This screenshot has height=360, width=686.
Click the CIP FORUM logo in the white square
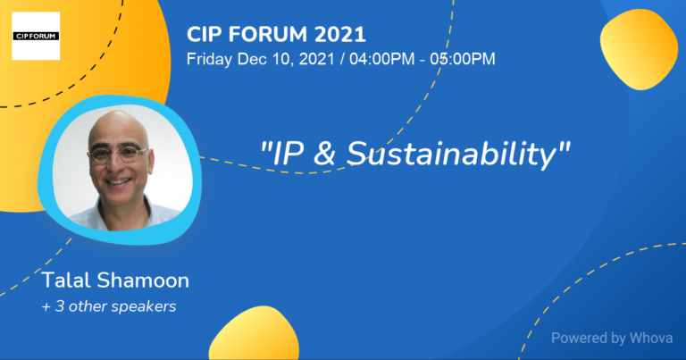point(36,36)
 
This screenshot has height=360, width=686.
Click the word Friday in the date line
point(207,59)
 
